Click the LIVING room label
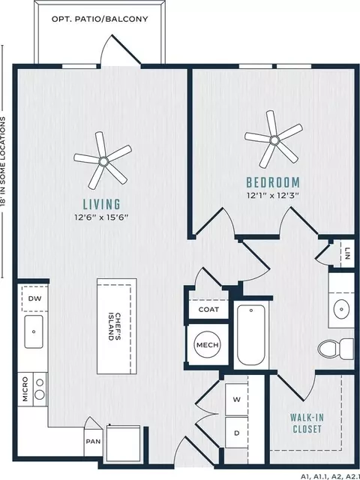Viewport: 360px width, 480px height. coord(102,204)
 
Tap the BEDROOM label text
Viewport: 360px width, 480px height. coord(273,182)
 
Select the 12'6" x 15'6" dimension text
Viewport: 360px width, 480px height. coord(101,217)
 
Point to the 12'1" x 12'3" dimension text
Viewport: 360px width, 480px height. coord(272,195)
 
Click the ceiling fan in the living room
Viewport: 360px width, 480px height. coord(103,160)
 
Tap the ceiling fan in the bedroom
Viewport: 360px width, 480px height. coord(274,139)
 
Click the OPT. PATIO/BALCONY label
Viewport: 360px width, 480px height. coord(100,19)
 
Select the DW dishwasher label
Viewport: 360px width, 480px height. coord(34,298)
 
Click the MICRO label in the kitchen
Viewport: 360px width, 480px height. coord(25,389)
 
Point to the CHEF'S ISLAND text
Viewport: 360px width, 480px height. coord(115,326)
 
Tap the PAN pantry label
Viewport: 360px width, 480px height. coord(93,442)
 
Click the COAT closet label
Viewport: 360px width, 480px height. coord(208,310)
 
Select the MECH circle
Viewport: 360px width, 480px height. coord(208,345)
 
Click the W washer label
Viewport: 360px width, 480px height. coord(237,400)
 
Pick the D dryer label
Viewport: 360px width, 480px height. coord(237,433)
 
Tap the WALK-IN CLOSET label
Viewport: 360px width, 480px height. coord(307,423)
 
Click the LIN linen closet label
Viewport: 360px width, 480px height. coord(347,253)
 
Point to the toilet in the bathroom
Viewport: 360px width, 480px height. coord(335,348)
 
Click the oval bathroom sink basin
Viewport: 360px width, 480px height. coord(341,309)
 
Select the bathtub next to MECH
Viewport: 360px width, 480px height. coord(251,335)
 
